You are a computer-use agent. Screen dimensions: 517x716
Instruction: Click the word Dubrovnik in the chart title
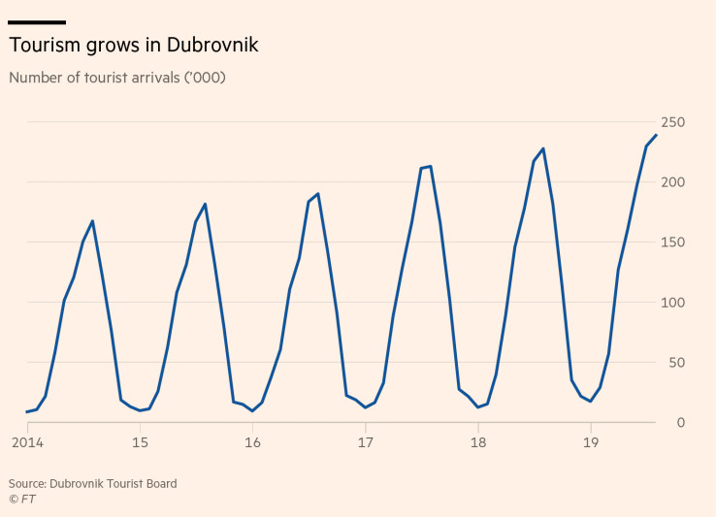[x=212, y=46]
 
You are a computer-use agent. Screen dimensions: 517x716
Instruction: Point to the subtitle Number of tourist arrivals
[x=116, y=78]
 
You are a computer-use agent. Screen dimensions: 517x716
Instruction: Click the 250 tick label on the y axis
[x=674, y=122]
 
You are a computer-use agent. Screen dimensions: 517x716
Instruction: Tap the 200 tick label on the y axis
[x=674, y=182]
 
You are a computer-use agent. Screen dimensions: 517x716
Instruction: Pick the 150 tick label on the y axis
[x=674, y=242]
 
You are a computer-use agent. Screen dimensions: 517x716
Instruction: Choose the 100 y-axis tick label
[x=674, y=303]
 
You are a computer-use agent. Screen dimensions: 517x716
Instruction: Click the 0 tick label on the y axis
[x=682, y=423]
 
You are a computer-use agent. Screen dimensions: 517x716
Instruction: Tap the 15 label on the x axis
[x=140, y=443]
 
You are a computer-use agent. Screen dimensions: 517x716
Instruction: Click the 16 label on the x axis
[x=252, y=443]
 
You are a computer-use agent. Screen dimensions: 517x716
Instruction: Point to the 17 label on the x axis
[x=365, y=443]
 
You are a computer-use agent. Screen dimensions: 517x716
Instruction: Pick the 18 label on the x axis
[x=477, y=443]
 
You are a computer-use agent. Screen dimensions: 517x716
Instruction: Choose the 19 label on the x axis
[x=590, y=443]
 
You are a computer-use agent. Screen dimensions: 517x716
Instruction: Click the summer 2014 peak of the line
[x=92, y=221]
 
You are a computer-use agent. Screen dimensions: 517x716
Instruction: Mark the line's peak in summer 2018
[x=543, y=148]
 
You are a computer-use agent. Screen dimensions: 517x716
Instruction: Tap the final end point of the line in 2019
[x=656, y=135]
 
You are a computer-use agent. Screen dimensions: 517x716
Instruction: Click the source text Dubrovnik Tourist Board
[x=114, y=483]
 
